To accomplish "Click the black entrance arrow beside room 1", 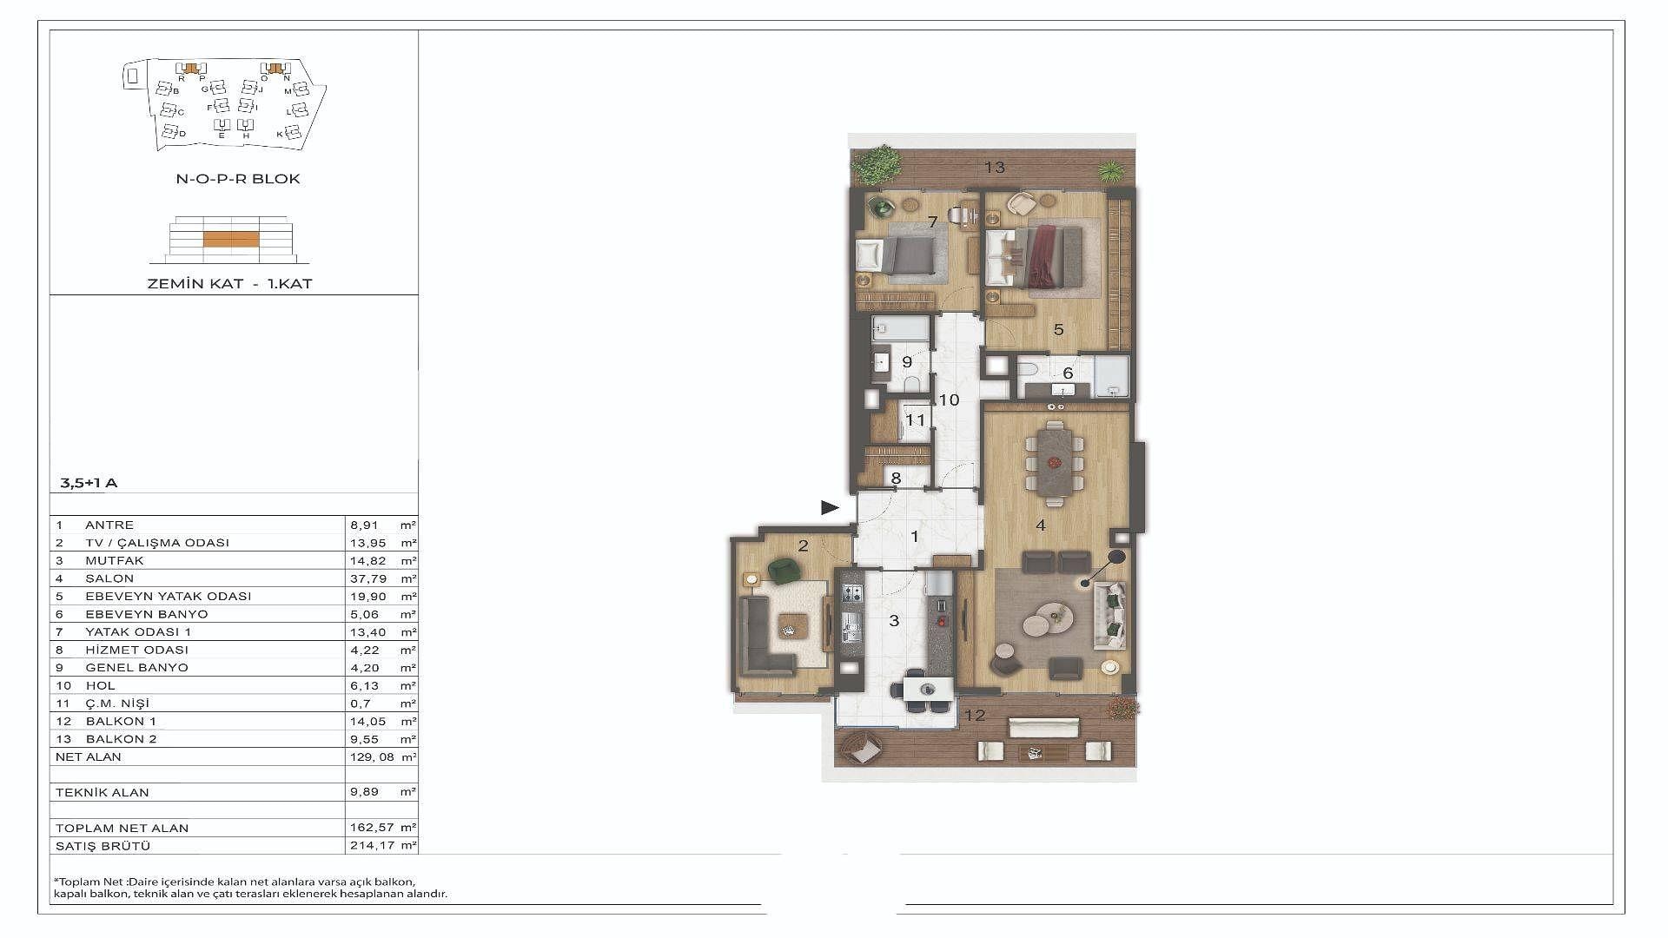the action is [831, 507].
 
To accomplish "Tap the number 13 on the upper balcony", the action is [995, 167].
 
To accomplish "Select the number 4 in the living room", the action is [1041, 525].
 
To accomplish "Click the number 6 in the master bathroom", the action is [1068, 373].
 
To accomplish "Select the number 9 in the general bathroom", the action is [907, 362].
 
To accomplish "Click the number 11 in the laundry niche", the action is [916, 420].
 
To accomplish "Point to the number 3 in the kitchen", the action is [894, 620].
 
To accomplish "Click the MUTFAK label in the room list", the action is [115, 561].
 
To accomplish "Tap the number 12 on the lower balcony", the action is [975, 716].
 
